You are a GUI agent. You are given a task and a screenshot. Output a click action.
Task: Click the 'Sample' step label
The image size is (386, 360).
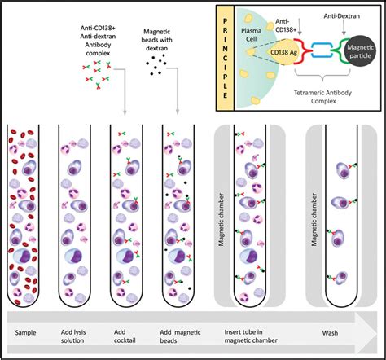point(25,332)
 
